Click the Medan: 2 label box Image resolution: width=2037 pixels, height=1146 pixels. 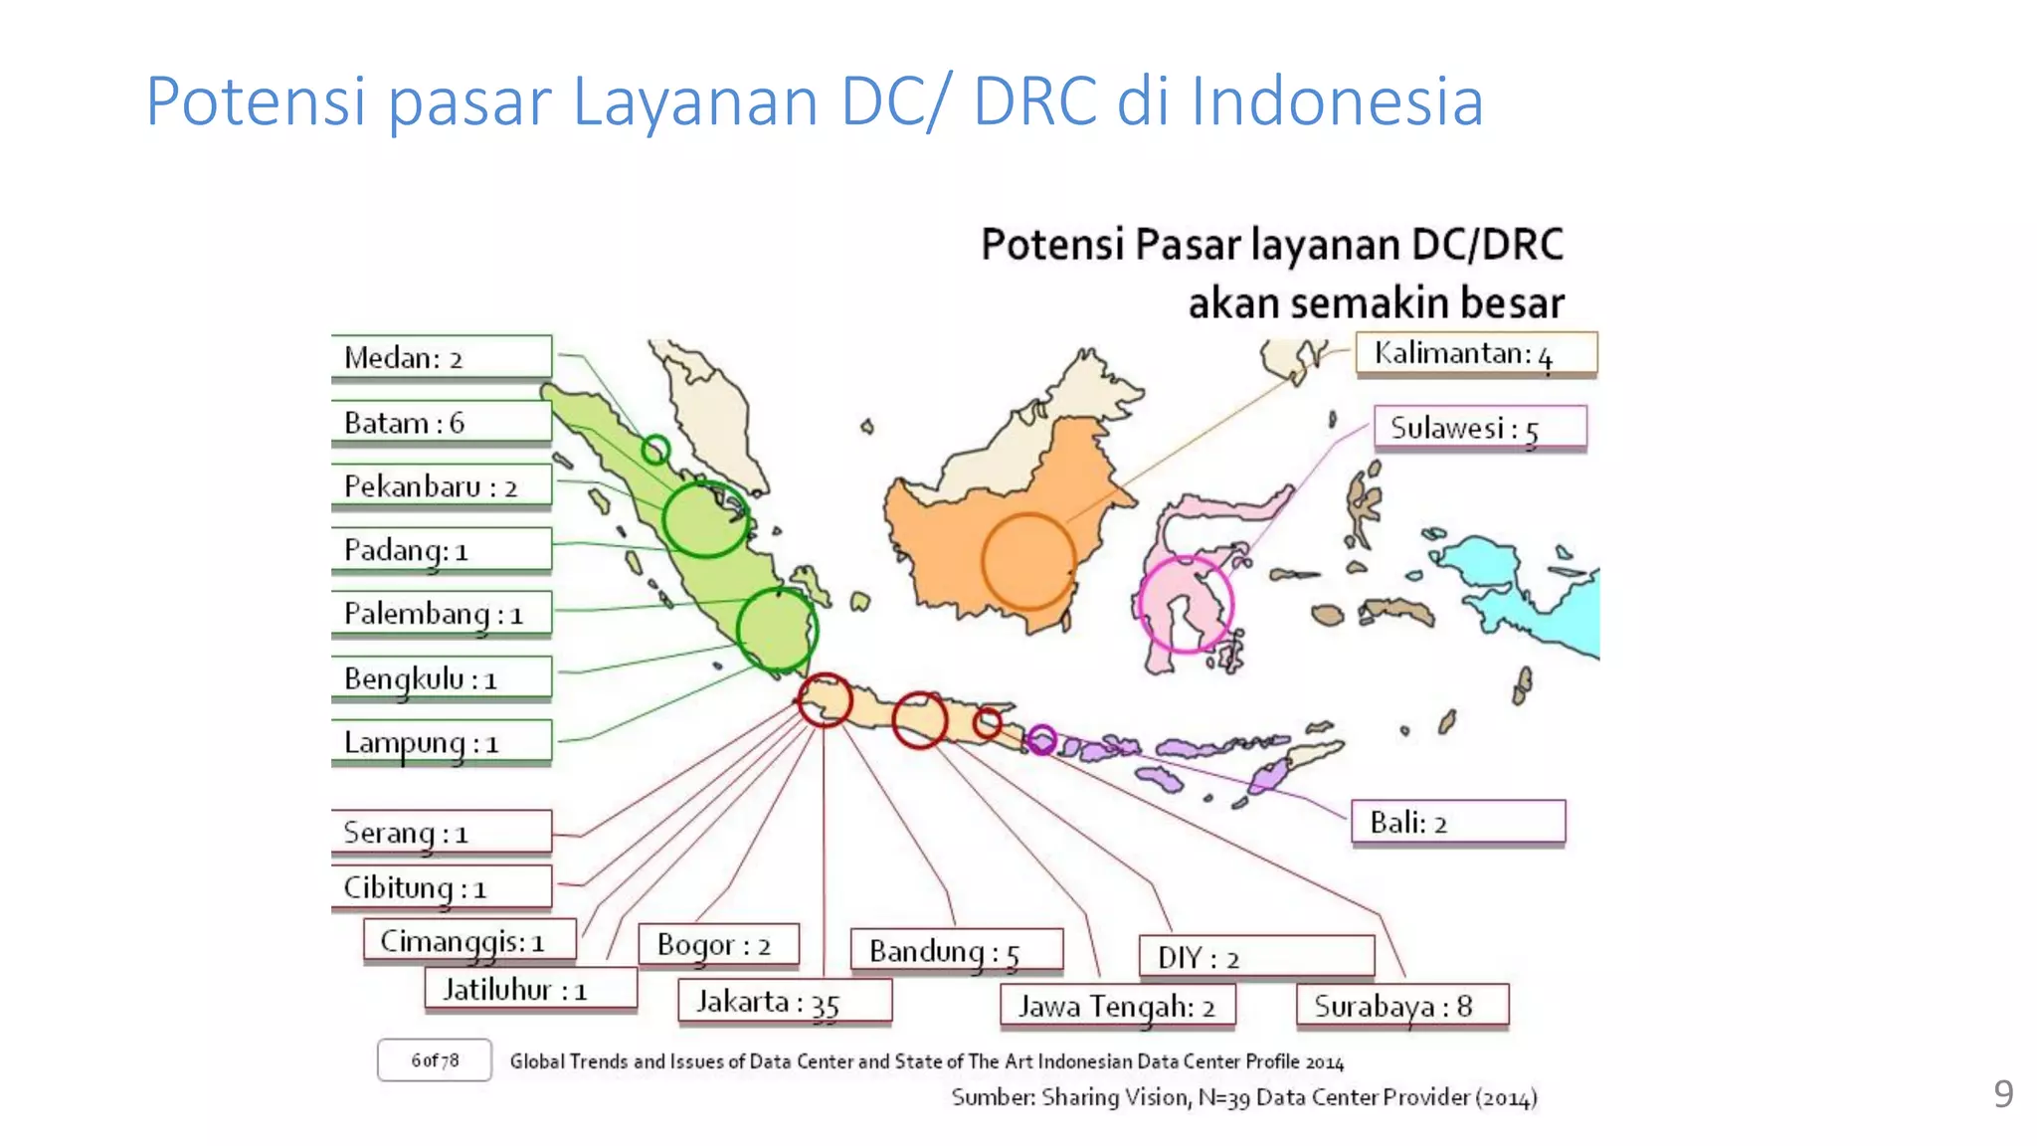click(x=441, y=357)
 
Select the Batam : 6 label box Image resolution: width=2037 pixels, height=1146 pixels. click(x=441, y=423)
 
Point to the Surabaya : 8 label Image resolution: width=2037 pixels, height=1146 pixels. click(x=1402, y=1006)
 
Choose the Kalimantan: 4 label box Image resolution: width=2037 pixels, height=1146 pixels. click(x=1476, y=354)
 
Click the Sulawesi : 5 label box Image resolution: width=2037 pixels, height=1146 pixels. click(x=1479, y=429)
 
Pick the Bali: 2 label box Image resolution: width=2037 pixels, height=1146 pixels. click(x=1457, y=823)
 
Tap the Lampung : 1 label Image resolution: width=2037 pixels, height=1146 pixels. click(x=441, y=743)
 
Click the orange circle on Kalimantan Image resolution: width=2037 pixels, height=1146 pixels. click(x=1028, y=561)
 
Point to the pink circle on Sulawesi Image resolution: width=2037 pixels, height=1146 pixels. click(x=1185, y=604)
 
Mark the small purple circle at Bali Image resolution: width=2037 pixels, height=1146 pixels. click(x=1041, y=739)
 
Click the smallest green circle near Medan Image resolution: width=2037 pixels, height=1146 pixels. click(x=655, y=450)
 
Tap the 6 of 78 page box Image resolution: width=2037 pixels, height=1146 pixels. click(x=435, y=1060)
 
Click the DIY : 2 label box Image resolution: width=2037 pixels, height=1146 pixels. click(x=1256, y=957)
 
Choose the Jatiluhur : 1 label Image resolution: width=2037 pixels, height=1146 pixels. click(x=530, y=990)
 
